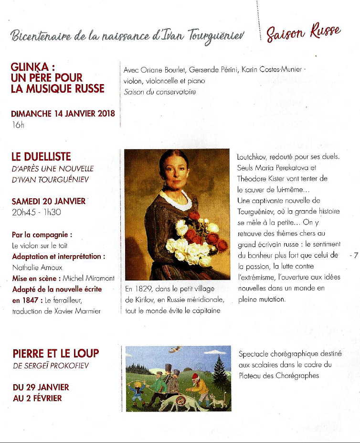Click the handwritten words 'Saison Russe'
coord(304,33)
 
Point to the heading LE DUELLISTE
coord(41,157)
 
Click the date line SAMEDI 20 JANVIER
coord(48,201)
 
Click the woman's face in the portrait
coord(175,173)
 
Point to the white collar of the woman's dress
coord(176,200)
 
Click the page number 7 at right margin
coord(355,256)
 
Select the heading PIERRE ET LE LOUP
coord(55,354)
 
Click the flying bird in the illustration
coord(175,350)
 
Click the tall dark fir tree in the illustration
coord(220,372)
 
